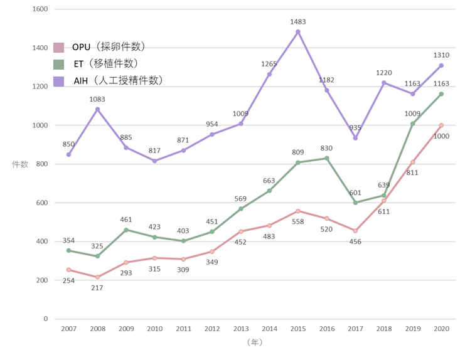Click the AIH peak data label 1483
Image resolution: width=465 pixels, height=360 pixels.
click(298, 22)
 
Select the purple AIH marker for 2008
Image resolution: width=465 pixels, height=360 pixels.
click(97, 109)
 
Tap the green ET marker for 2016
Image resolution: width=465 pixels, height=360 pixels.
click(326, 158)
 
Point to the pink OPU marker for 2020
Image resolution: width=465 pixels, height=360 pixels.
click(442, 125)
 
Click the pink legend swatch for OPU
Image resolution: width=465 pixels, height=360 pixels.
click(59, 48)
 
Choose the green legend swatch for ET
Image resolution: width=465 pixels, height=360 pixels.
click(59, 64)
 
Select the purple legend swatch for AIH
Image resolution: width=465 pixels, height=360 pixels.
click(59, 80)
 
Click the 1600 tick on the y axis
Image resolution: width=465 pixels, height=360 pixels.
click(40, 9)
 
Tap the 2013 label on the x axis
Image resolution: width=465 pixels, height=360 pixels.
click(240, 329)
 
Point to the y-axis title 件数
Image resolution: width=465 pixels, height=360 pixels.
click(20, 164)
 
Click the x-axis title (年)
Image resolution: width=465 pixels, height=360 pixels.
click(254, 342)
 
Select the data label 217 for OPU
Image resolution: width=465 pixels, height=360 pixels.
click(97, 288)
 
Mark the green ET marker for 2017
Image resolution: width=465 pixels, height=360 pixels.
click(355, 203)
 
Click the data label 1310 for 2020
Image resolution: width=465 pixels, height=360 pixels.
click(442, 55)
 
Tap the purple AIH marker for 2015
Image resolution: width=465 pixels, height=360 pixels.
click(298, 32)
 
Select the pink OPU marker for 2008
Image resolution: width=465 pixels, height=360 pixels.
click(97, 277)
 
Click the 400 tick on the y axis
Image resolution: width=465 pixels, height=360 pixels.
click(41, 241)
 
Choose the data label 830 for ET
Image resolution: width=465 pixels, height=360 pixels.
click(326, 148)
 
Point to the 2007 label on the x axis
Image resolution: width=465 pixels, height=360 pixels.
click(68, 329)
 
